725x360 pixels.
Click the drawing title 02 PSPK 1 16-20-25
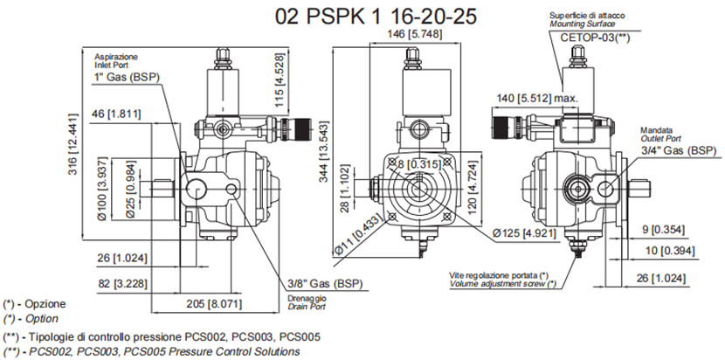pos(358,17)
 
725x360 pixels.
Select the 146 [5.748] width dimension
pos(418,34)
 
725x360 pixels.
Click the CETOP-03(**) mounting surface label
pos(594,38)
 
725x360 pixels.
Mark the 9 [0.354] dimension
pos(670,231)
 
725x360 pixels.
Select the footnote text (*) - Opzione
pos(34,304)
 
